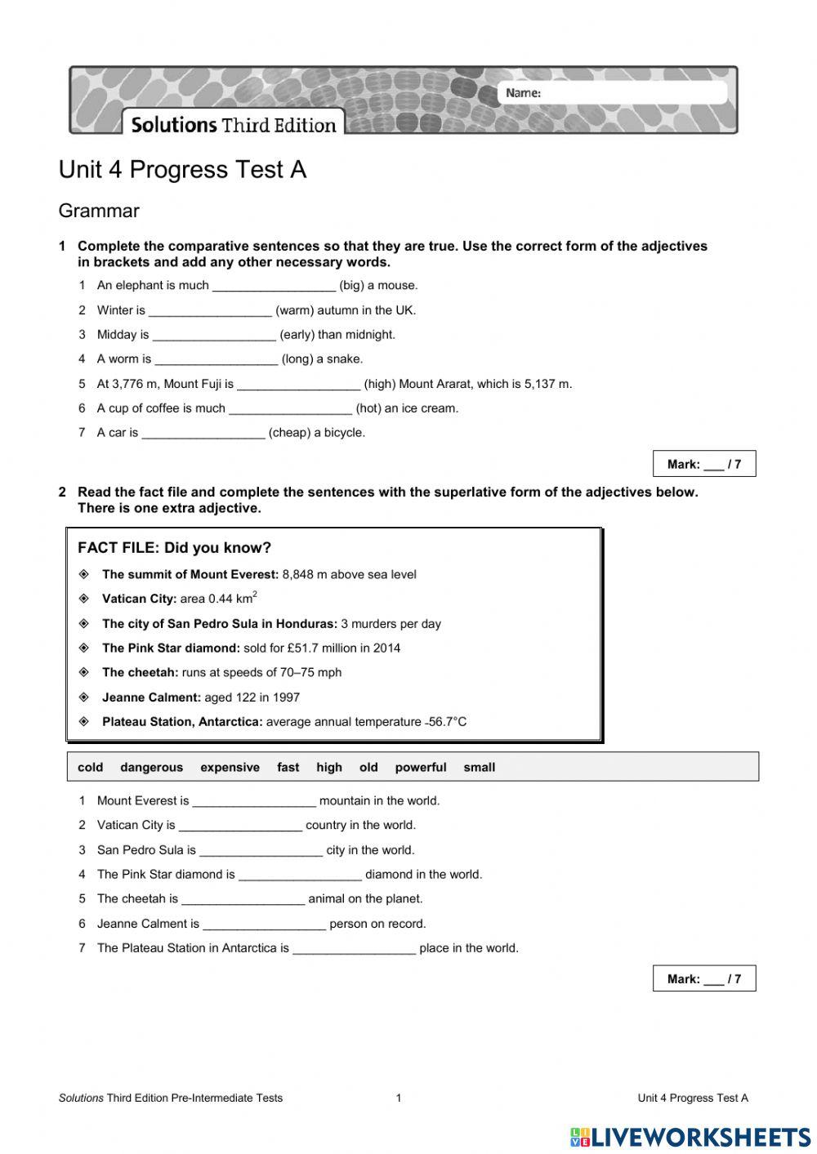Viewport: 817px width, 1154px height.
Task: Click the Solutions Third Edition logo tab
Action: (234, 124)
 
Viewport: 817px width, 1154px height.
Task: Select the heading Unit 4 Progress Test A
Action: (182, 170)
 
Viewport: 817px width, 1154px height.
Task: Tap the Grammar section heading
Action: (99, 211)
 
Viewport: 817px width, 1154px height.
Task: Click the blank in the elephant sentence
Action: (274, 286)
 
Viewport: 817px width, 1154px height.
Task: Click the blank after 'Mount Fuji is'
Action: (298, 384)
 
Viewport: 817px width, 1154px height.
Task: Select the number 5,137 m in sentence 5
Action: (548, 384)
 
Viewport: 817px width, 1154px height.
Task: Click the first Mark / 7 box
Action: (703, 464)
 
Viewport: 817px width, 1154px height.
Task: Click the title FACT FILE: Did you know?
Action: (174, 548)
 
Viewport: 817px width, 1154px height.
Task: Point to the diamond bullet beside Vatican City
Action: (83, 599)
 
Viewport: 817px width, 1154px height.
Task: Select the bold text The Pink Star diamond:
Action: (171, 648)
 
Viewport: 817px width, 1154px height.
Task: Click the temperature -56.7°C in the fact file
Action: (446, 722)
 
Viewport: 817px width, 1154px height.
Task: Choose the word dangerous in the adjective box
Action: (151, 768)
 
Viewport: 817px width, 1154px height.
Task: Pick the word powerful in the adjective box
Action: (420, 768)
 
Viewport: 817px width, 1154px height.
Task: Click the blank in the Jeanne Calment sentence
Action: (264, 924)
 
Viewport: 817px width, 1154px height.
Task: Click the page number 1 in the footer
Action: (399, 1098)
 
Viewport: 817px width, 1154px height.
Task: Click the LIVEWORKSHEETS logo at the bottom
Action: (690, 1137)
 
